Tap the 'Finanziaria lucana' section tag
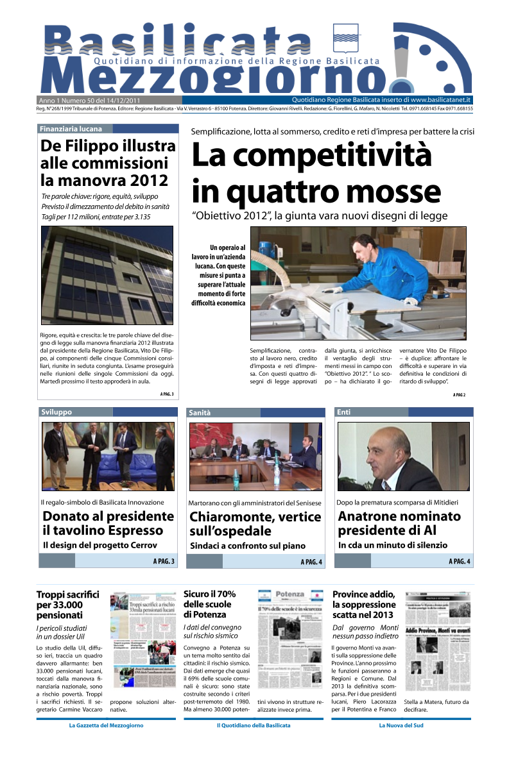pos(71,129)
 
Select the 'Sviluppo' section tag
pos(56,412)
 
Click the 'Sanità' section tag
pos(200,413)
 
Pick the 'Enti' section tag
pos(344,412)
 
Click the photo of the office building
pos(107,275)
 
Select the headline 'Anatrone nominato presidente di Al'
pos(399,523)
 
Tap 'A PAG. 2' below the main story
pos(459,395)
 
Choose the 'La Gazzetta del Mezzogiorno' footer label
pos(106,725)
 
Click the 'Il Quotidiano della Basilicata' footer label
pos(254,725)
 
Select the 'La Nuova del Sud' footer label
pos(401,725)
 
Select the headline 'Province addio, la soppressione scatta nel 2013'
pos(364,605)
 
